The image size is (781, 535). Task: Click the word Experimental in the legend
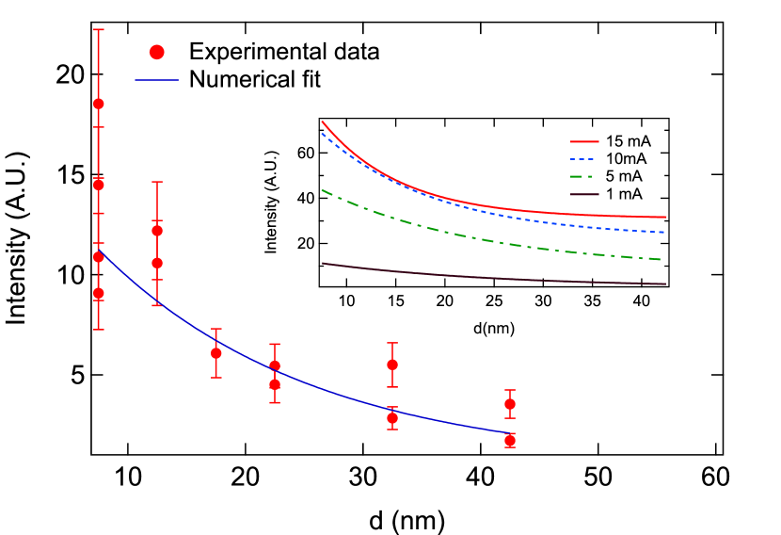(249, 52)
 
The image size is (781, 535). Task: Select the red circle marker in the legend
(157, 52)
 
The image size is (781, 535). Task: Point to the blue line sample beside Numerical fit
(157, 79)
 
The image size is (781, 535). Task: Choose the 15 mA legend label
(629, 140)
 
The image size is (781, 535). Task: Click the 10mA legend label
(626, 158)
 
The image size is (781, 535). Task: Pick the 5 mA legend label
(625, 176)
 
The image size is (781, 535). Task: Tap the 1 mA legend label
(625, 194)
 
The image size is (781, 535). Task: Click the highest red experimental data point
(98, 104)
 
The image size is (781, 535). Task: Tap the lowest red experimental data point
(510, 440)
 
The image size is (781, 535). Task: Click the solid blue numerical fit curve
(329, 388)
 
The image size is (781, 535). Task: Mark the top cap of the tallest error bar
(98, 29)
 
